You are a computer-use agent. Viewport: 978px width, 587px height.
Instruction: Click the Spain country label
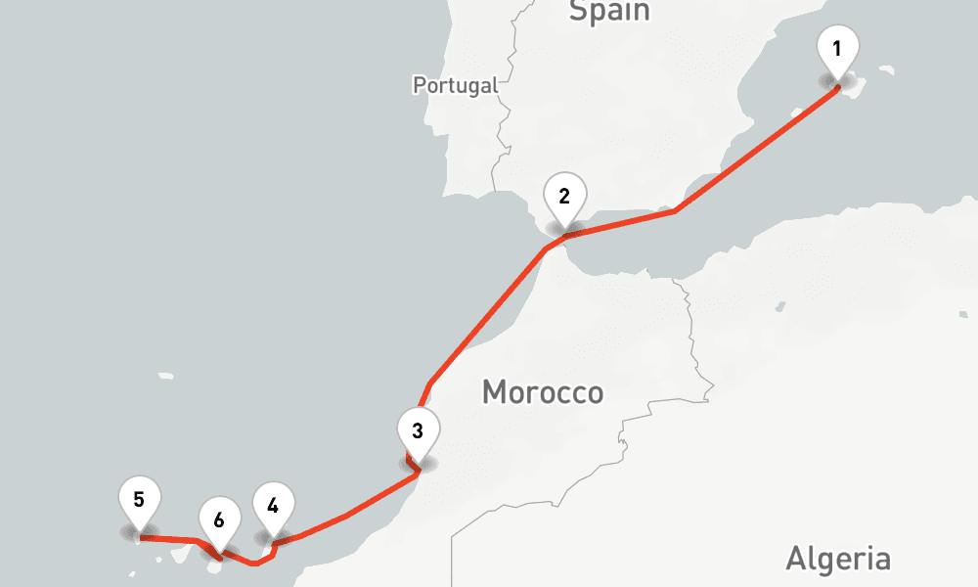click(x=609, y=11)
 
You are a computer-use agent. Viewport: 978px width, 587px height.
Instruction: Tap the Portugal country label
click(x=455, y=85)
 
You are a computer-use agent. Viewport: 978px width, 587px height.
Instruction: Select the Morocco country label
click(x=543, y=393)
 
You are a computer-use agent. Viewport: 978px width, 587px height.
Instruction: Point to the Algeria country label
click(x=838, y=560)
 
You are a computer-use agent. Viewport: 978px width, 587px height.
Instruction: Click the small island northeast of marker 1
click(x=886, y=68)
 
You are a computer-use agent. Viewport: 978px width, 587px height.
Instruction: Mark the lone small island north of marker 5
click(x=165, y=375)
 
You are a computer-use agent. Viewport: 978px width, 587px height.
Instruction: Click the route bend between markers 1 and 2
click(x=675, y=210)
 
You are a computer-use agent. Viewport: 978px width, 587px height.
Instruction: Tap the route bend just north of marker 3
click(x=429, y=384)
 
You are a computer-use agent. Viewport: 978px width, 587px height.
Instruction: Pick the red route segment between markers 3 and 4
click(x=347, y=515)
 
